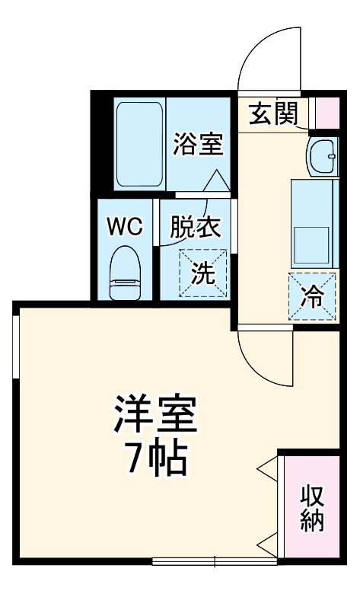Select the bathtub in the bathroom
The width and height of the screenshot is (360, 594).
139,144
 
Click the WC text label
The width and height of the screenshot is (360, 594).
124,227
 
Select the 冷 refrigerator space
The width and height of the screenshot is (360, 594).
313,297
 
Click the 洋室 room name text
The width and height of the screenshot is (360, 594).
156,414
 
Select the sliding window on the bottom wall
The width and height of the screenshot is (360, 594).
215,562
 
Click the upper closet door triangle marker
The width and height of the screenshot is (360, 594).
268,468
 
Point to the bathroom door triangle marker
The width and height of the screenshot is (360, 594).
216,181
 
